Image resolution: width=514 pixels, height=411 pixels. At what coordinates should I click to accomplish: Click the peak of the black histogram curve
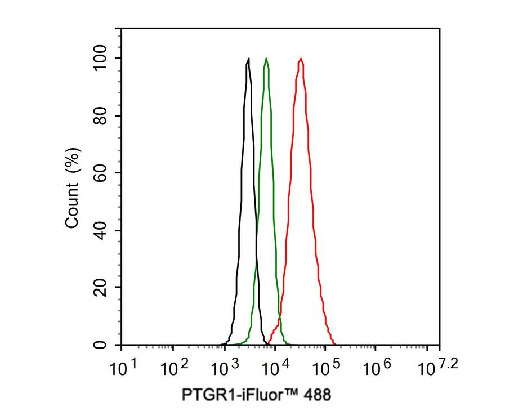coord(248,59)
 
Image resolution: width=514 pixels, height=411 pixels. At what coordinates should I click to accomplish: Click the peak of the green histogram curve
coord(266,59)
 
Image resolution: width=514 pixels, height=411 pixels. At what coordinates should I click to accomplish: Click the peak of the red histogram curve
coord(301,59)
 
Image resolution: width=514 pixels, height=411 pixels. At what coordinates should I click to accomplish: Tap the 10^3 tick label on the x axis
coord(224,368)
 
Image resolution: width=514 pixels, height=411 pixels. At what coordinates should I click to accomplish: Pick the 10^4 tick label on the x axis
coord(275,368)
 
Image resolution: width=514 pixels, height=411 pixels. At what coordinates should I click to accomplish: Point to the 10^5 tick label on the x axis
coord(325,368)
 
